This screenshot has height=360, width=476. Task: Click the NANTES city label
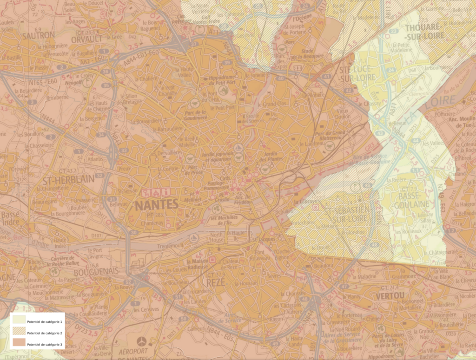156,204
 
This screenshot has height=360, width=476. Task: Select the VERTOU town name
390,295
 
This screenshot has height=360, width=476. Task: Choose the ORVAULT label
86,39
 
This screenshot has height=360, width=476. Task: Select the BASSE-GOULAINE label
403,200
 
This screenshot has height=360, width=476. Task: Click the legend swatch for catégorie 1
19,320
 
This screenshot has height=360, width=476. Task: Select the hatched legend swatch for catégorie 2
19,332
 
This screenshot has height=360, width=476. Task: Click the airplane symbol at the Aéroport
142,341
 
